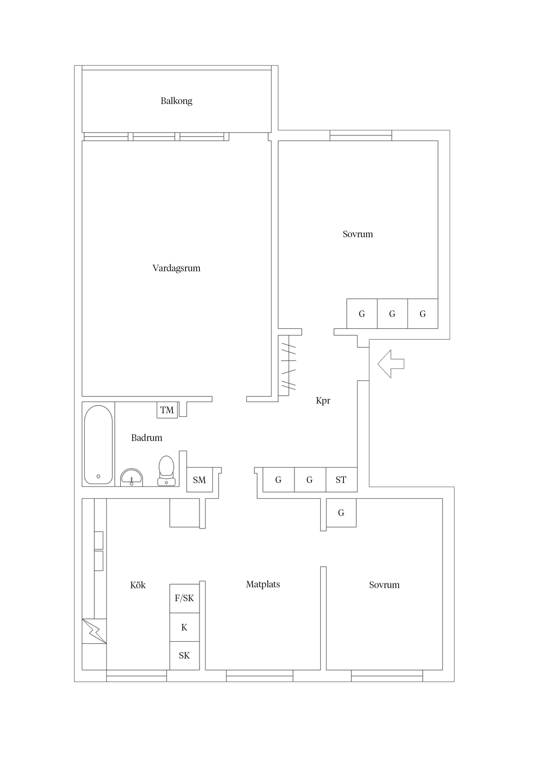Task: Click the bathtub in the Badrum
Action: point(98,445)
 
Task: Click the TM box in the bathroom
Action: point(167,410)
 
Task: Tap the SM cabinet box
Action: point(199,480)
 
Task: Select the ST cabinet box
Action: point(341,480)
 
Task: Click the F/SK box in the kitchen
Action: point(184,598)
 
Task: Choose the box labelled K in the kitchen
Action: point(184,627)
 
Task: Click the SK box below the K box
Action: point(184,656)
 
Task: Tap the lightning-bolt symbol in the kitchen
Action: point(94,631)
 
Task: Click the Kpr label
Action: point(323,401)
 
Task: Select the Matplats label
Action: point(263,584)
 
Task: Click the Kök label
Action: point(138,585)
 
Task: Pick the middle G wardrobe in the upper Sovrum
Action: point(392,314)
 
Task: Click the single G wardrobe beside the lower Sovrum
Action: point(341,513)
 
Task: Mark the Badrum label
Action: point(147,438)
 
